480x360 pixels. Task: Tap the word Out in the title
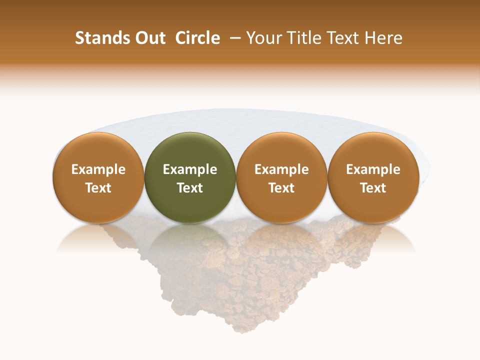tap(149, 38)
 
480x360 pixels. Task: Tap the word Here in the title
tap(383, 38)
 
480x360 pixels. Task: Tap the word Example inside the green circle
tap(190, 169)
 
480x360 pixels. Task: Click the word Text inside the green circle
tap(190, 188)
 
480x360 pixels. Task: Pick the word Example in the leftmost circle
tap(98, 169)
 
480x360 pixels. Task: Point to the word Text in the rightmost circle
tap(373, 188)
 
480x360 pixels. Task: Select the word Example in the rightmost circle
tap(373, 169)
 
